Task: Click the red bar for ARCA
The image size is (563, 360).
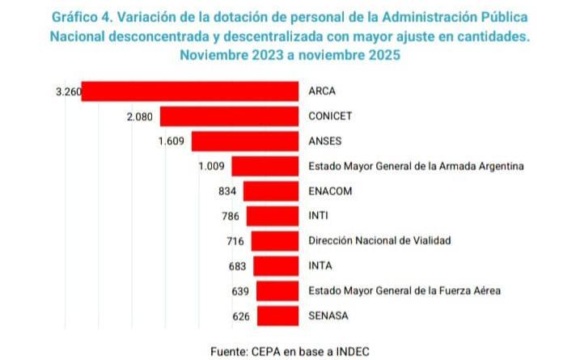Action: click(x=190, y=91)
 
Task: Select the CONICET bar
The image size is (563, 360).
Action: click(x=230, y=116)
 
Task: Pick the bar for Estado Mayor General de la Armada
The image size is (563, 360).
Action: click(x=265, y=167)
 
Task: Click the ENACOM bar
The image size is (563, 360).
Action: click(x=271, y=191)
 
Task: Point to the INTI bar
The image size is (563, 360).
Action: click(x=273, y=216)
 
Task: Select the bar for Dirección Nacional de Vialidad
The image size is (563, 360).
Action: click(x=275, y=240)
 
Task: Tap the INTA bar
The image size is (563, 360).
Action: click(x=276, y=265)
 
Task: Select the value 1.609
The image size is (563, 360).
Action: click(x=172, y=142)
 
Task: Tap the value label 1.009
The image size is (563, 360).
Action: click(x=212, y=167)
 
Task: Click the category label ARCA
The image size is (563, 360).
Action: click(x=322, y=91)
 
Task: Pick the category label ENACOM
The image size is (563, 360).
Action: click(x=331, y=191)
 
